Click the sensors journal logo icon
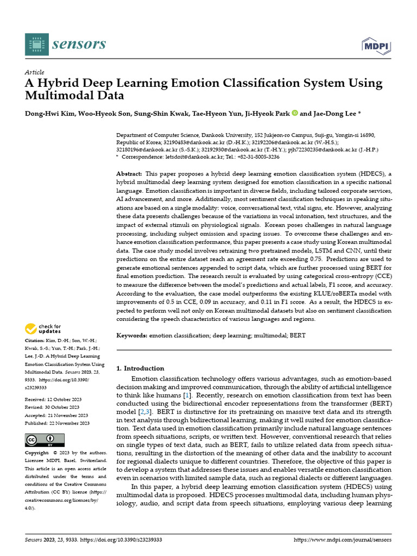(x=36, y=44)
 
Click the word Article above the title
(x=35, y=72)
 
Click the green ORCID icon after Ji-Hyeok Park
(x=295, y=113)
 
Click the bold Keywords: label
(x=132, y=336)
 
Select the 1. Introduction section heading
(x=141, y=368)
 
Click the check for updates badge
(x=43, y=329)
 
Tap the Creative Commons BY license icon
(x=45, y=440)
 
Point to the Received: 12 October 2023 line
(x=53, y=399)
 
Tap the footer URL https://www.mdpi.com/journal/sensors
(x=342, y=541)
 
